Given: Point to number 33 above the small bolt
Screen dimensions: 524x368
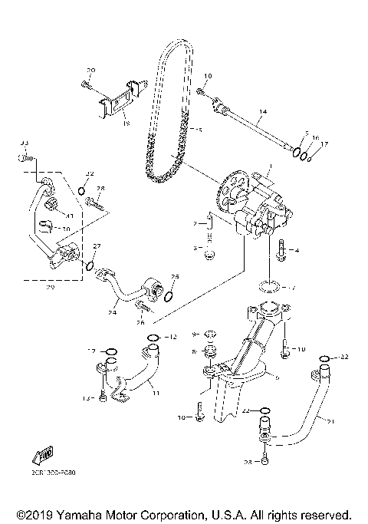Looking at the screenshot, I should click(x=24, y=143).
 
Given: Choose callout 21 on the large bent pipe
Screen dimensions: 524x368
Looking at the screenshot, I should click(x=331, y=421).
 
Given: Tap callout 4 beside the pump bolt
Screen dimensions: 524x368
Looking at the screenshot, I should click(x=298, y=251).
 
